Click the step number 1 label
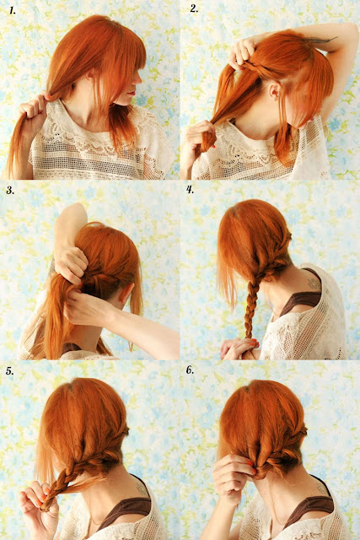[12, 10]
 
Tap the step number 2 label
[194, 8]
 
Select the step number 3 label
[10, 190]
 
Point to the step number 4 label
[191, 189]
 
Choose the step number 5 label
[9, 370]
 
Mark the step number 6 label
[190, 370]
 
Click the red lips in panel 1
[132, 93]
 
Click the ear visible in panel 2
[275, 91]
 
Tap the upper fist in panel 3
[71, 262]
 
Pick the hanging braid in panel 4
[250, 310]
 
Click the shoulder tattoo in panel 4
[314, 285]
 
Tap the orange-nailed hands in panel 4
[240, 348]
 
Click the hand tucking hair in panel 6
[234, 478]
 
